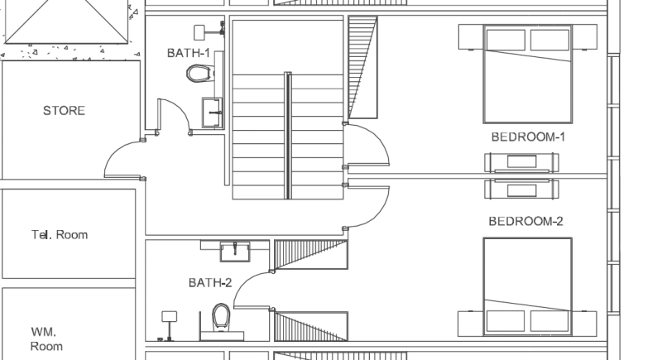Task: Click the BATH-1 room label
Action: (188, 53)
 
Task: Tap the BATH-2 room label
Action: (209, 282)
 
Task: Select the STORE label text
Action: (64, 110)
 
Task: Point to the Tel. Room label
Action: (60, 235)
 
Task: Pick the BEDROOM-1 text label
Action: (528, 137)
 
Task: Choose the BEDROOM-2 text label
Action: (525, 221)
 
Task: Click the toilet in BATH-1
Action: (199, 75)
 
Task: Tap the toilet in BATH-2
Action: (221, 317)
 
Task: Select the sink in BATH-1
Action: (213, 112)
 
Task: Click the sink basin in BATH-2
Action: (236, 250)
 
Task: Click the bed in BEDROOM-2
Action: (527, 286)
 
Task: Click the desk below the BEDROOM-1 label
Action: (521, 162)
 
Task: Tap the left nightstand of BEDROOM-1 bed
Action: (470, 37)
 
